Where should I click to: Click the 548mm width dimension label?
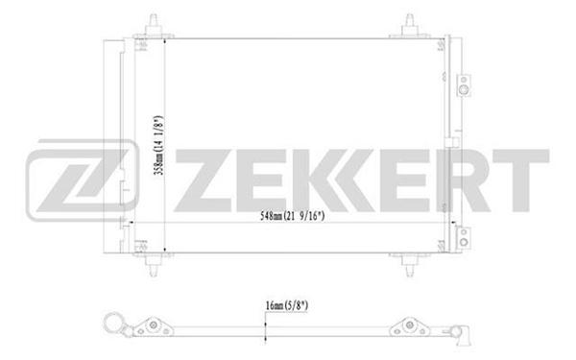click(292, 216)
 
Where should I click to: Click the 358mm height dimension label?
click(158, 146)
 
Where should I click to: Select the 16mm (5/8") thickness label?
click(287, 305)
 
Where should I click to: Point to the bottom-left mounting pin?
click(154, 265)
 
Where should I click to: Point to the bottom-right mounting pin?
click(410, 265)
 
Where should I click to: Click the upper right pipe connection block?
click(464, 85)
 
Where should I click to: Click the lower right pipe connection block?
click(464, 238)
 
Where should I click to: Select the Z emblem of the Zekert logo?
click(83, 180)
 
